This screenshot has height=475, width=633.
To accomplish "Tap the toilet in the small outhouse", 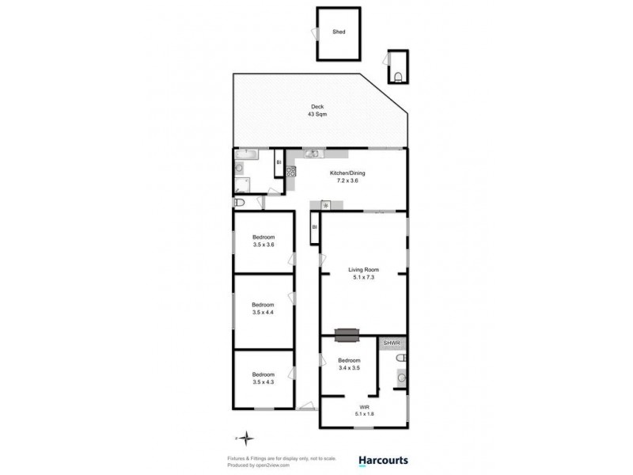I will [398, 76].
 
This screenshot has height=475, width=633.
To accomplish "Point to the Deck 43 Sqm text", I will [317, 111].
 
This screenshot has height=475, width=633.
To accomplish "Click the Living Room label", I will [365, 274].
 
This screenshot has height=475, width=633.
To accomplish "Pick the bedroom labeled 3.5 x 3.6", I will [263, 241].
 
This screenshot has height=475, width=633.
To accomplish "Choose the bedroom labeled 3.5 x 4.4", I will [263, 309].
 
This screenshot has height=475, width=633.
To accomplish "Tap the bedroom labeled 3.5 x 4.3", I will [263, 378].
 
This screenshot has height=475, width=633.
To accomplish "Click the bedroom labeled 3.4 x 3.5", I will [349, 364].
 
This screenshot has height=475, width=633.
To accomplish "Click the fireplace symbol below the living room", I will [347, 336].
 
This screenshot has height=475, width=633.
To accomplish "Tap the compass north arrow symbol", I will [247, 437].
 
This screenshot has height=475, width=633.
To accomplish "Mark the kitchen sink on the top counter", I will [312, 154].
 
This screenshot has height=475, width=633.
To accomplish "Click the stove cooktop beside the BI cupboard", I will [290, 170].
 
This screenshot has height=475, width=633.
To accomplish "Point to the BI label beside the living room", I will [314, 228].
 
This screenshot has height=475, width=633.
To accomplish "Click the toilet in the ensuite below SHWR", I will [401, 359].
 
